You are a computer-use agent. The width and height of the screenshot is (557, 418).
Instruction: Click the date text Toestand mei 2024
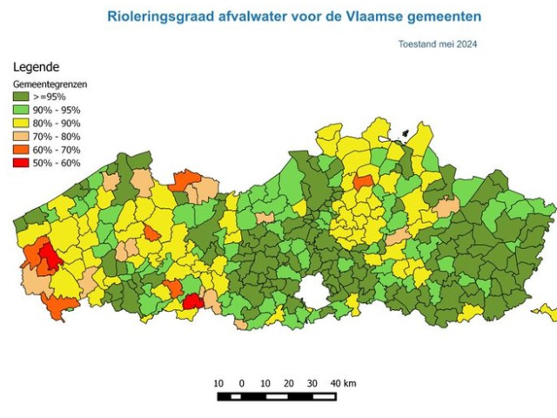(437, 44)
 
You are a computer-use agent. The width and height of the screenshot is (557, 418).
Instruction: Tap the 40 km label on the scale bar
(343, 383)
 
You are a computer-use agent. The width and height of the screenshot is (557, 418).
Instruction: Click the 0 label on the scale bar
(241, 383)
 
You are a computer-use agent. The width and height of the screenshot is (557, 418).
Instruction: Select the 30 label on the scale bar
(312, 383)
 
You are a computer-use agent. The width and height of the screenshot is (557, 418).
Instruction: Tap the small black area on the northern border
(403, 137)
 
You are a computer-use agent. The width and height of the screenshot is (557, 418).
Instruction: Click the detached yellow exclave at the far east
(548, 309)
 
